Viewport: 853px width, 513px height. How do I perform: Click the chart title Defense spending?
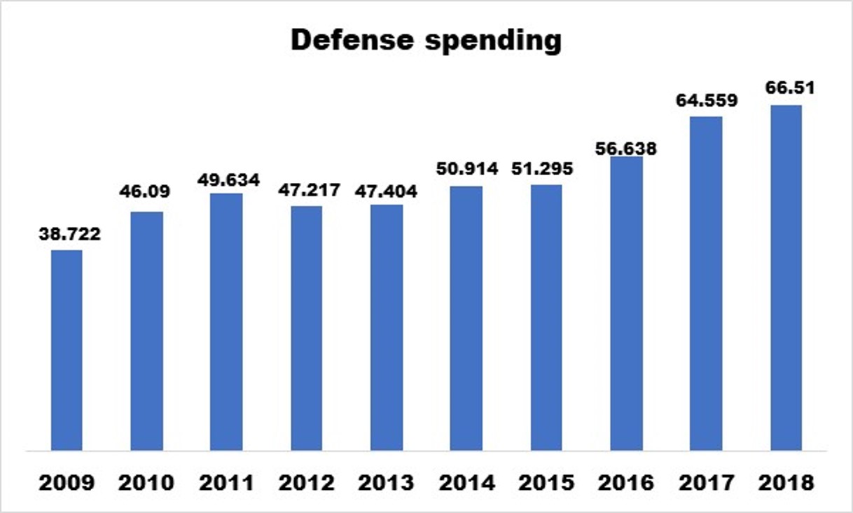[x=426, y=41]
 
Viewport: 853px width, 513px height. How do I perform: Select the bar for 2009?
[x=67, y=350]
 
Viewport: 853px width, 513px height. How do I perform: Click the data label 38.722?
[x=67, y=234]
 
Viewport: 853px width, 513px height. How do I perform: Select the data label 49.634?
[x=227, y=179]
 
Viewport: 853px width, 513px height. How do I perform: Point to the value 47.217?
[x=307, y=191]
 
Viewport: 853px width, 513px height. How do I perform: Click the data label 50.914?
[x=466, y=169]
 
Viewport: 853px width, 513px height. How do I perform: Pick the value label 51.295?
[x=546, y=169]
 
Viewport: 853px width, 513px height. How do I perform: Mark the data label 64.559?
[x=706, y=101]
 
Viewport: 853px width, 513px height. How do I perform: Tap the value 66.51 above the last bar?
[x=786, y=89]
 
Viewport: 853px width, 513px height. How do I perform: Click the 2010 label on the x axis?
[x=147, y=483]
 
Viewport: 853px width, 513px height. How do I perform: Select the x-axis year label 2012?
[x=307, y=483]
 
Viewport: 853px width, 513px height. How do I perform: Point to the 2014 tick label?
[x=466, y=483]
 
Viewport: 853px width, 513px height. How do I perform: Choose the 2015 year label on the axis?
[x=546, y=483]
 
